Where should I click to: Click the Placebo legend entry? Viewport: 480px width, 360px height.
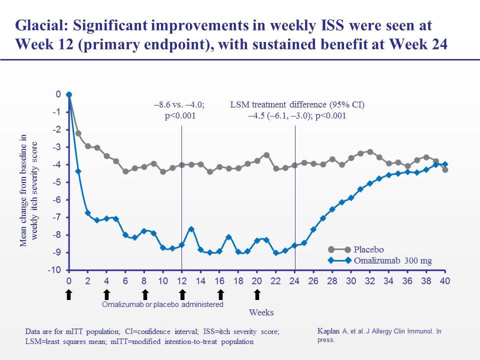[367, 249]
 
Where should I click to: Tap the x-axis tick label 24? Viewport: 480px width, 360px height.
[294, 281]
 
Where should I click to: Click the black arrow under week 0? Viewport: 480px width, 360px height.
[69, 294]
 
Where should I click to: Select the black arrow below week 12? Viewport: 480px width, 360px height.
[182, 294]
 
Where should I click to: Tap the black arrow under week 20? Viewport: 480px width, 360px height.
[257, 294]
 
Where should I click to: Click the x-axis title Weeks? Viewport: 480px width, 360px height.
[261, 312]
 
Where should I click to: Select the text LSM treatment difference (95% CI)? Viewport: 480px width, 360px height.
[297, 105]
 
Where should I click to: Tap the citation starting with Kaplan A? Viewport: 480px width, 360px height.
[379, 335]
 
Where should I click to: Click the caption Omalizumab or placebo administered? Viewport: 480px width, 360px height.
[162, 304]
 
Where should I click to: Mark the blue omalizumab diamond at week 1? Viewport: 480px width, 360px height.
[78, 171]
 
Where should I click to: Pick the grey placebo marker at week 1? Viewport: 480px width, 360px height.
[78, 133]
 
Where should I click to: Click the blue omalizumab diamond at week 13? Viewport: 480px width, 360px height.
[191, 229]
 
